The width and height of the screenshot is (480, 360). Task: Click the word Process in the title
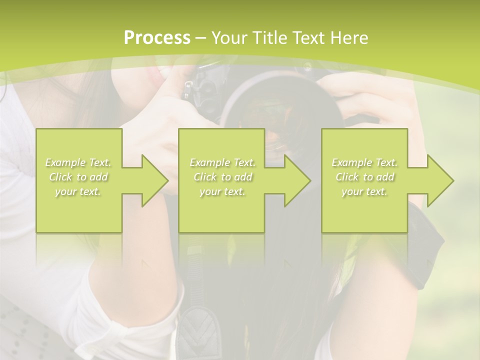pyautogui.click(x=157, y=38)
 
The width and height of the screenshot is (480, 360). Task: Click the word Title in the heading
pyautogui.click(x=269, y=38)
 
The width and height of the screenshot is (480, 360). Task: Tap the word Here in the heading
pyautogui.click(x=347, y=38)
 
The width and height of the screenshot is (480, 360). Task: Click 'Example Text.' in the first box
pyautogui.click(x=78, y=162)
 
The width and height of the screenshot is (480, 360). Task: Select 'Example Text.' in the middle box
pyautogui.click(x=222, y=162)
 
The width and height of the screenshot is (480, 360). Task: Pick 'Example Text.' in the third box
pyautogui.click(x=364, y=162)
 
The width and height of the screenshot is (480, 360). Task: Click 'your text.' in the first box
pyautogui.click(x=78, y=191)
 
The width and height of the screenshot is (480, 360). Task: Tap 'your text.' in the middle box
pyautogui.click(x=222, y=191)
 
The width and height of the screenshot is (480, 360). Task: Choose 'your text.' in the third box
pyautogui.click(x=364, y=191)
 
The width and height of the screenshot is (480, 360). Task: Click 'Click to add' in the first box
pyautogui.click(x=78, y=177)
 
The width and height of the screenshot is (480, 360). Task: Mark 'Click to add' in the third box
pyautogui.click(x=364, y=177)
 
